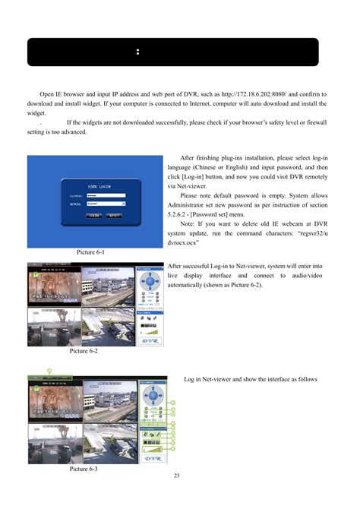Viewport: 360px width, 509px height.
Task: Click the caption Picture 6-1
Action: click(90, 251)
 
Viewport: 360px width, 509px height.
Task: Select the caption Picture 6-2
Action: click(83, 351)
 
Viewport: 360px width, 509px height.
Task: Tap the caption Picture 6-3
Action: click(83, 469)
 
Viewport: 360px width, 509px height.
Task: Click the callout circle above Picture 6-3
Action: click(48, 370)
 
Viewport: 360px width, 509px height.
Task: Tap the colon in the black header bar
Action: click(137, 52)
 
